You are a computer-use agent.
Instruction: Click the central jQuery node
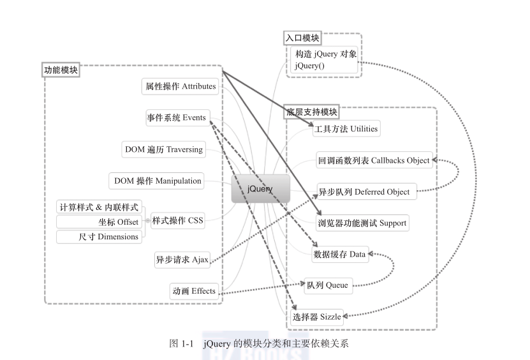[x=260, y=189]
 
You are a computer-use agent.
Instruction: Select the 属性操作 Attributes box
[x=180, y=86]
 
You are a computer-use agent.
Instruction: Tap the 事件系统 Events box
[x=177, y=118]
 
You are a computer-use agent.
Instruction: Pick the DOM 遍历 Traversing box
[x=164, y=149]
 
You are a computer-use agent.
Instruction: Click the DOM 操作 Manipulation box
[x=158, y=181]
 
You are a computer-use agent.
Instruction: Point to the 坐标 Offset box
[x=99, y=222]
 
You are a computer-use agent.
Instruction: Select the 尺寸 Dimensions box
[x=99, y=237]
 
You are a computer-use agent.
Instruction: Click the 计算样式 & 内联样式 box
[x=99, y=207]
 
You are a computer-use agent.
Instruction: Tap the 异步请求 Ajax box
[x=182, y=260]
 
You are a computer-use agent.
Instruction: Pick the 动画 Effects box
[x=194, y=292]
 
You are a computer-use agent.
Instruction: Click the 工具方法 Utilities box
[x=346, y=129]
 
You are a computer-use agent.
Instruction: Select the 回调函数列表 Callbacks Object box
[x=374, y=160]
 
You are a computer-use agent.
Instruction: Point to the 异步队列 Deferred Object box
[x=367, y=191]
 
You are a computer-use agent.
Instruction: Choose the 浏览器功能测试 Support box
[x=361, y=223]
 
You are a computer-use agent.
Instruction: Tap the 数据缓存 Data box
[x=340, y=254]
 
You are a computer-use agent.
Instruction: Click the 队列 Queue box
[x=327, y=285]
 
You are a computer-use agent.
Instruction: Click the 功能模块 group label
[x=61, y=70]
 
